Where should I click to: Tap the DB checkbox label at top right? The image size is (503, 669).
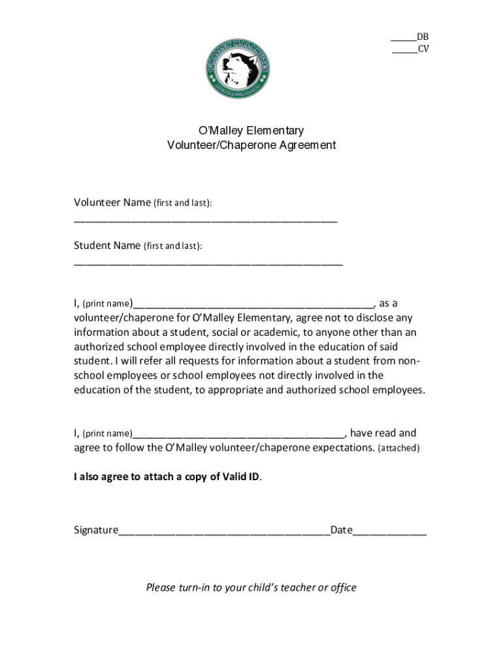click(423, 37)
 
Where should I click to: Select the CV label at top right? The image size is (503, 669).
click(423, 50)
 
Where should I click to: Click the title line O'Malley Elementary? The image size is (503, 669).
click(251, 131)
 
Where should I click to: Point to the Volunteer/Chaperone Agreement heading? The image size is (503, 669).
click(251, 145)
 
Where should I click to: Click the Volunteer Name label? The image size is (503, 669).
click(112, 203)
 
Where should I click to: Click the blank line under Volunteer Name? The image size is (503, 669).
click(205, 220)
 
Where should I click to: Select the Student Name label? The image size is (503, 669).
click(107, 246)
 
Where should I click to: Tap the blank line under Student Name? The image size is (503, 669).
click(208, 263)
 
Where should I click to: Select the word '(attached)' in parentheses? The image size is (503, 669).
click(399, 448)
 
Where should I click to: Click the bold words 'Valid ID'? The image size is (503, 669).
click(241, 477)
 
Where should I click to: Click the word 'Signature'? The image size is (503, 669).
click(95, 530)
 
